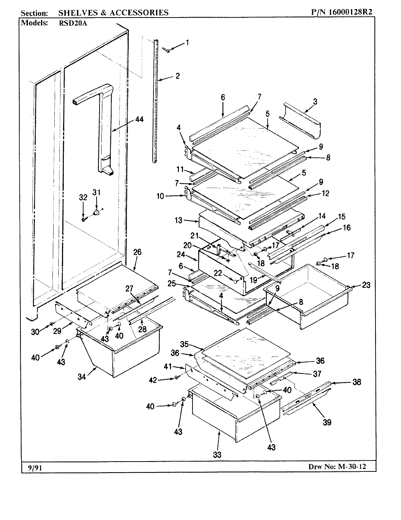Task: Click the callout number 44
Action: click(139, 119)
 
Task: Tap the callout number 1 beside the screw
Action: click(187, 43)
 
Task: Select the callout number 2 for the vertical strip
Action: click(178, 76)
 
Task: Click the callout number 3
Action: click(315, 102)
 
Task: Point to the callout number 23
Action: click(366, 286)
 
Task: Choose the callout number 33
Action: click(218, 455)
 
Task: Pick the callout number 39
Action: click(327, 422)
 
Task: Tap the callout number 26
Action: click(137, 252)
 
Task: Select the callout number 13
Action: click(179, 220)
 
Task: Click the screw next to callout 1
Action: click(167, 50)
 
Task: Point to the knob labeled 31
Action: click(97, 212)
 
